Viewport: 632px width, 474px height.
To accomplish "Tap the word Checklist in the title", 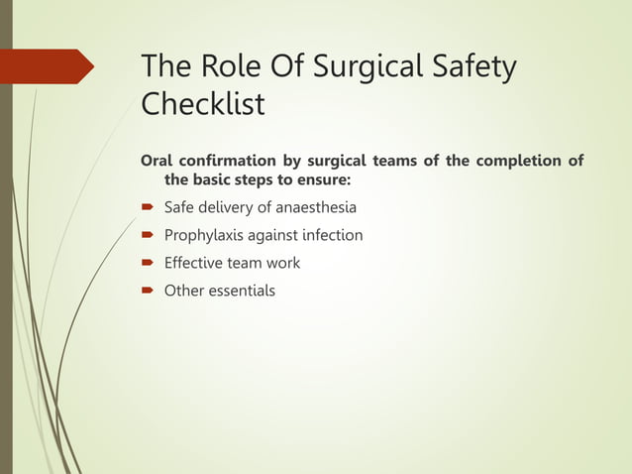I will pos(203,104).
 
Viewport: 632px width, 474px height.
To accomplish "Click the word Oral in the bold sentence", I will pos(158,162).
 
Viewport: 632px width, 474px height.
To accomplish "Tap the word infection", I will pos(330,236).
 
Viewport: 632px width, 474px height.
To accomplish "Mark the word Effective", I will pos(195,264).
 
